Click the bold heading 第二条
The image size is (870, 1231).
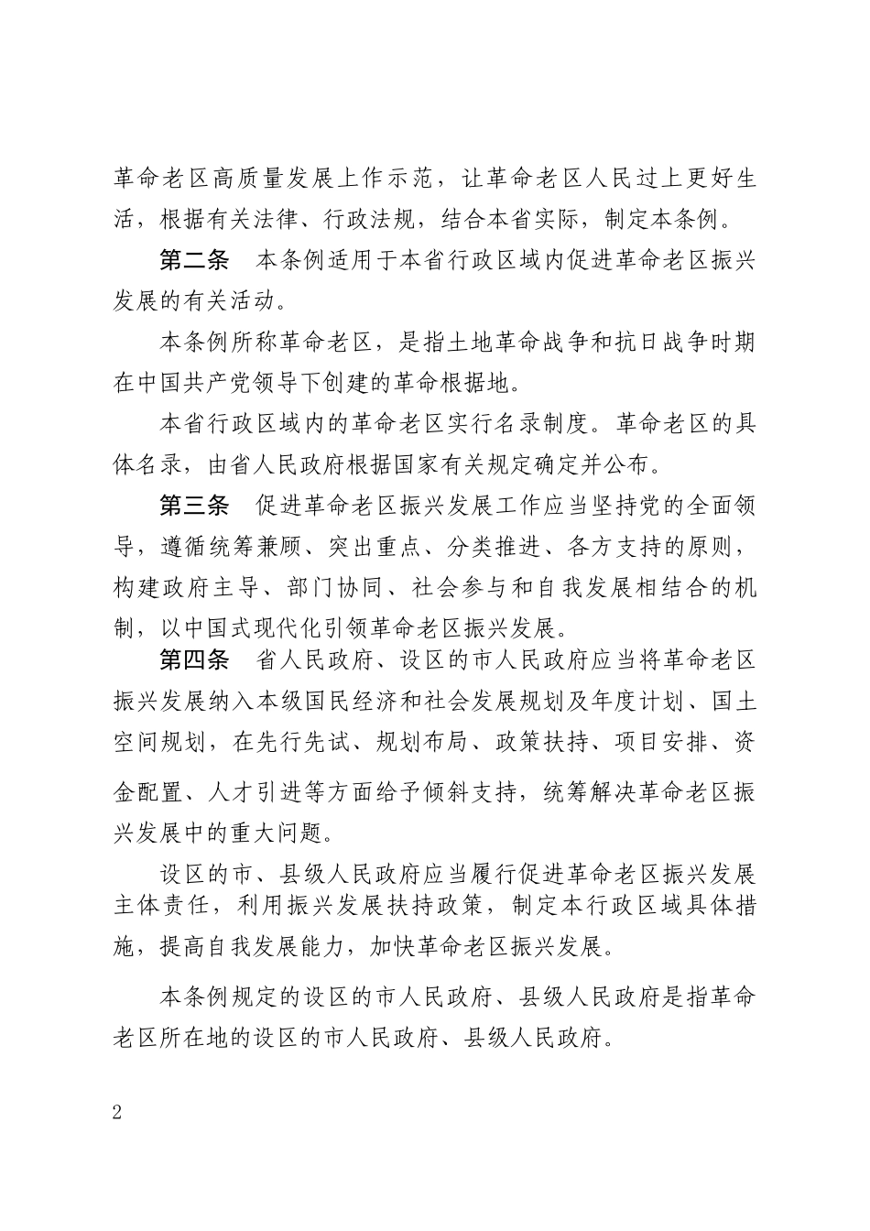point(194,262)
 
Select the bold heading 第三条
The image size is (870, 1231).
point(194,506)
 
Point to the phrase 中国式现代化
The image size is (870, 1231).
point(254,629)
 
